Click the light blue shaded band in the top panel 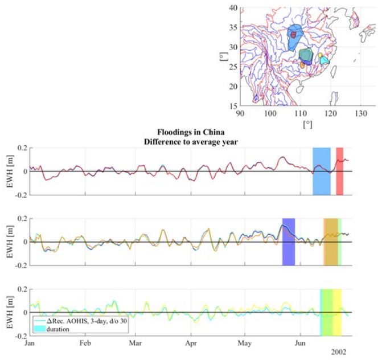click(321, 171)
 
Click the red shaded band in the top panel click(339, 171)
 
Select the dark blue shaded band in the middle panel click(289, 242)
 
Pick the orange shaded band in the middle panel click(330, 242)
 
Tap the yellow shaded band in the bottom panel click(336, 312)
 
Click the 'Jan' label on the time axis click(30, 343)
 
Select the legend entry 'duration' click(58, 329)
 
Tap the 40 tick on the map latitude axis click(232, 8)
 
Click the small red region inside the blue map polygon click(294, 35)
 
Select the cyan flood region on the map click(325, 60)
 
